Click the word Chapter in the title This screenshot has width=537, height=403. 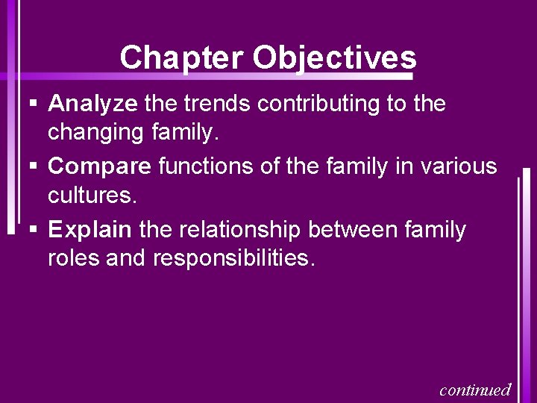pyautogui.click(x=182, y=57)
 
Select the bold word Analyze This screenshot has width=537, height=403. pyautogui.click(x=92, y=104)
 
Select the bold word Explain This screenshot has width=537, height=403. pyautogui.click(x=90, y=230)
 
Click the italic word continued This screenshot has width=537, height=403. pyautogui.click(x=475, y=390)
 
